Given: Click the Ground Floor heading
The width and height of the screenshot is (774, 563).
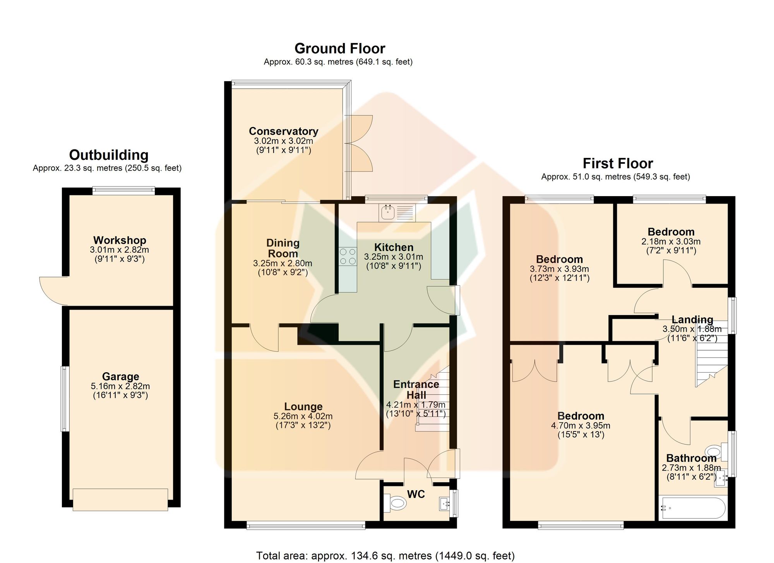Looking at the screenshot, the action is click(340, 49).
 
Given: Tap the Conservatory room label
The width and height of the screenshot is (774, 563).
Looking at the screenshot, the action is click(284, 132).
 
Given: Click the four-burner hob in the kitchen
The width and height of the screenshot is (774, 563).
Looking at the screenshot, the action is click(348, 256).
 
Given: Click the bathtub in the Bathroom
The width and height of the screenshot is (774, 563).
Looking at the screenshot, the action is click(692, 508).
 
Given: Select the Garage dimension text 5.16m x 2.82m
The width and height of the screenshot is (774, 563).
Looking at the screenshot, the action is click(120, 386).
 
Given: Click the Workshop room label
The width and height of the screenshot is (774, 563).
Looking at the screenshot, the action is click(120, 240).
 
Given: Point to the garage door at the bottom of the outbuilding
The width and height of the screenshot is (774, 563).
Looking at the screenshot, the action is click(120, 500).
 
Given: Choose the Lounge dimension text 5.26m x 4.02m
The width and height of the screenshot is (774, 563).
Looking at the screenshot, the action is click(303, 416).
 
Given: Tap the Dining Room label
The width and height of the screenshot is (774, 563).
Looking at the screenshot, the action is click(283, 248).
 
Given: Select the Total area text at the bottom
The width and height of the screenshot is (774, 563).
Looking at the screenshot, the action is click(385, 556).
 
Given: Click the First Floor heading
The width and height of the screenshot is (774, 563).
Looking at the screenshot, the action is click(618, 164).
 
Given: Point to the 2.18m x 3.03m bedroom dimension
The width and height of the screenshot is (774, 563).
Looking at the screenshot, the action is click(671, 241).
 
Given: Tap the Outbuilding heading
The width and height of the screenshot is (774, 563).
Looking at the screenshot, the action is click(109, 155).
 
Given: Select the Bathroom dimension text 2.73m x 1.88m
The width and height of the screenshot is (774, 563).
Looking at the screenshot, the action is click(692, 468).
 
